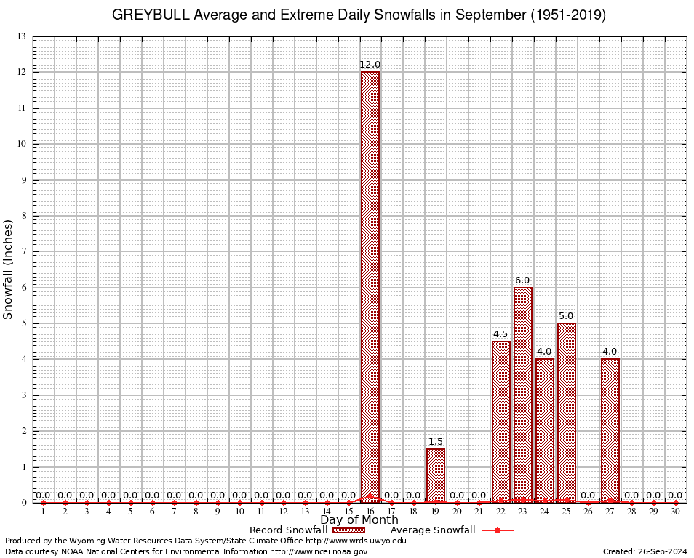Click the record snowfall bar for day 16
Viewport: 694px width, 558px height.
pyautogui.click(x=370, y=287)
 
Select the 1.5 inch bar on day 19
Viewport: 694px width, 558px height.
pyautogui.click(x=436, y=475)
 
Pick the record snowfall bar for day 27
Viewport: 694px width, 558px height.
pyautogui.click(x=610, y=430)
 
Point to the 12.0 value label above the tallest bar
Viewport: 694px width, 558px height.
pyautogui.click(x=370, y=65)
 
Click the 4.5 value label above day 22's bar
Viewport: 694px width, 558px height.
pyautogui.click(x=501, y=334)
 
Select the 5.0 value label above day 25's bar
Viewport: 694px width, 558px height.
pyautogui.click(x=567, y=316)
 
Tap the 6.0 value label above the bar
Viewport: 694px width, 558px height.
pyautogui.click(x=523, y=280)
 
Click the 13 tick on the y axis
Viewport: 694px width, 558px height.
pyautogui.click(x=22, y=36)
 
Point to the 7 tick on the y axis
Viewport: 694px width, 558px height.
pyautogui.click(x=24, y=251)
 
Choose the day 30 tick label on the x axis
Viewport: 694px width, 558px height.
pyautogui.click(x=676, y=512)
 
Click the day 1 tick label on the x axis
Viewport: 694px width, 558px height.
pyautogui.click(x=44, y=512)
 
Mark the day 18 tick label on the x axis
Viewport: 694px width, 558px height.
pyautogui.click(x=414, y=512)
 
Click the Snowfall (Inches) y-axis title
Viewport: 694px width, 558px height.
pyautogui.click(x=9, y=269)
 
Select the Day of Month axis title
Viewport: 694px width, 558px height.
pyautogui.click(x=359, y=520)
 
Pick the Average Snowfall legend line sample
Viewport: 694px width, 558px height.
pyautogui.click(x=497, y=530)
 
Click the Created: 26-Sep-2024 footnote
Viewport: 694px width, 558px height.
pyautogui.click(x=645, y=551)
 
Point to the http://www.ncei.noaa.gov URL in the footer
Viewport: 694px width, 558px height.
pyautogui.click(x=319, y=551)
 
